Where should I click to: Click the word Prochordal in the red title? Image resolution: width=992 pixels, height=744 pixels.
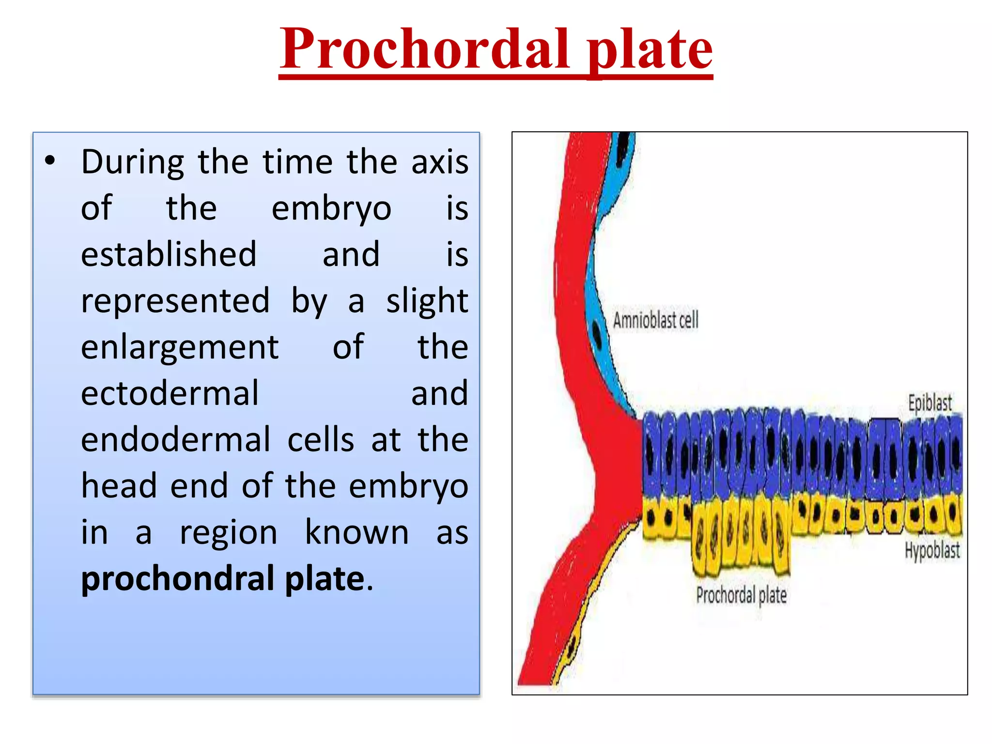(x=424, y=48)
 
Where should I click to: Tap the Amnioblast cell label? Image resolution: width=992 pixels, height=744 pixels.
(x=655, y=320)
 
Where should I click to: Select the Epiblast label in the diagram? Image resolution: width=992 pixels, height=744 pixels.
(x=930, y=403)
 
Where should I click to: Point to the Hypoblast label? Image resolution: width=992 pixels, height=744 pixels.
(x=932, y=551)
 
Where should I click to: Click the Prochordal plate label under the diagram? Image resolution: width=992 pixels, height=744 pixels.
(x=741, y=595)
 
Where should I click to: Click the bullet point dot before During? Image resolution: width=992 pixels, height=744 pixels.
(x=49, y=161)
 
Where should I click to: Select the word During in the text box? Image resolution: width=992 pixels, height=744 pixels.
(x=132, y=162)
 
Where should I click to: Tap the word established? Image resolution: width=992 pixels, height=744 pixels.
(x=169, y=254)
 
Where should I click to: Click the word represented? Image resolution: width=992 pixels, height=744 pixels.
(x=175, y=301)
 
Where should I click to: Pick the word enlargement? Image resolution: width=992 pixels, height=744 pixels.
(x=180, y=348)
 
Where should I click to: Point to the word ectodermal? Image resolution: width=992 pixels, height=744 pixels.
(x=170, y=393)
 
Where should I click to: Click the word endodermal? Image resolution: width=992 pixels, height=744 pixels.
(x=175, y=440)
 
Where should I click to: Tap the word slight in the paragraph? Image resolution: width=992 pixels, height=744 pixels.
(x=427, y=301)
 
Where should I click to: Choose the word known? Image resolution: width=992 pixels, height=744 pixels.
(x=356, y=532)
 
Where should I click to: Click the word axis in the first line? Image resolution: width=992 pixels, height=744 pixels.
(x=439, y=162)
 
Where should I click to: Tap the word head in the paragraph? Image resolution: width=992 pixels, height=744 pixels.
(x=119, y=486)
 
